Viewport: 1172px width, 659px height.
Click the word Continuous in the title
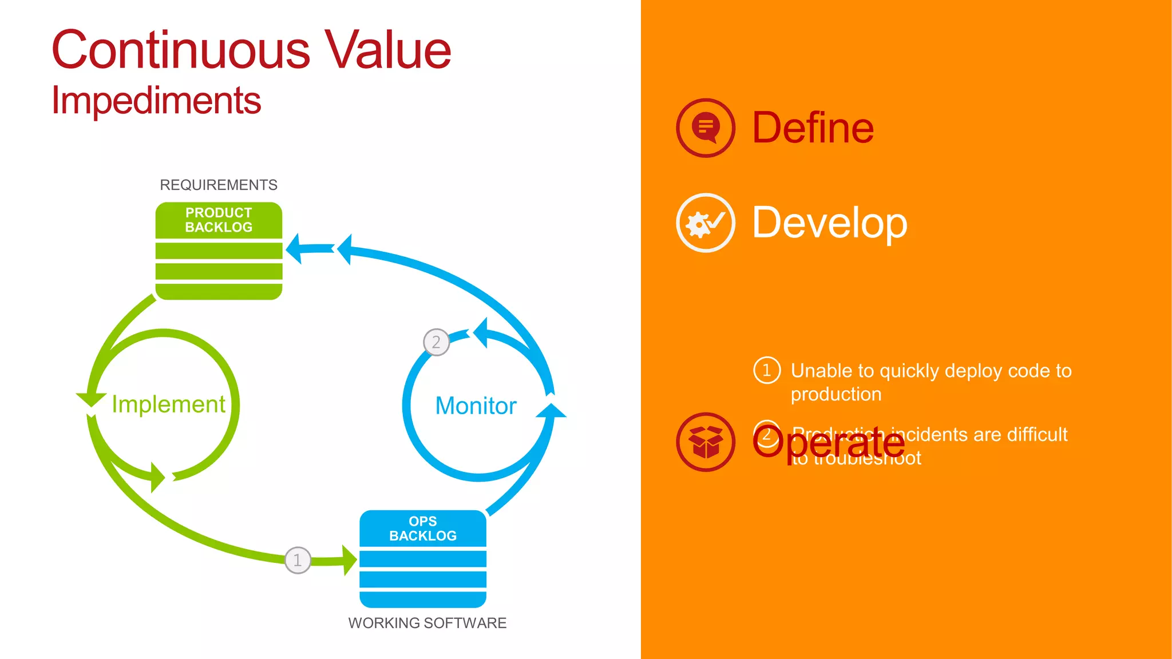(x=181, y=50)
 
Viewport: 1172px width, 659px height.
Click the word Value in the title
(x=388, y=50)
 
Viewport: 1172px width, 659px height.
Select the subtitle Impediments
(x=156, y=101)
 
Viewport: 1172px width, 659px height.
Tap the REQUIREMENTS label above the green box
(x=218, y=185)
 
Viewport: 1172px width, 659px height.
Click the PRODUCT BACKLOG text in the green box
(x=219, y=220)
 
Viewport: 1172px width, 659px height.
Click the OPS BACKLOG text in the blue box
(x=423, y=529)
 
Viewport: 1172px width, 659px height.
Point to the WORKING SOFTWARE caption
(x=427, y=623)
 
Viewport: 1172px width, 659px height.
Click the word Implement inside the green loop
(x=168, y=404)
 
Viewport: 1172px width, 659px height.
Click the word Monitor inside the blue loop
(x=476, y=406)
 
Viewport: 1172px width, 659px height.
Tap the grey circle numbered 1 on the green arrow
(x=298, y=560)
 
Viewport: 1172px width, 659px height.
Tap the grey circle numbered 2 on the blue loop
(x=436, y=342)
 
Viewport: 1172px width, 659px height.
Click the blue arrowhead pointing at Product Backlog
(x=295, y=249)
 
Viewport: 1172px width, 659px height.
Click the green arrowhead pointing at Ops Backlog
(x=349, y=560)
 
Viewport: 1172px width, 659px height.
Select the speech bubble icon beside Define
(x=705, y=128)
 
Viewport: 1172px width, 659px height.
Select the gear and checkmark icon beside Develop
(x=705, y=223)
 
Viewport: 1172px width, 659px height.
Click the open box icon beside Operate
(x=705, y=442)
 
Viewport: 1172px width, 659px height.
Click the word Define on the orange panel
(x=813, y=128)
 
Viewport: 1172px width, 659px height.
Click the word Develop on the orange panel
(x=829, y=223)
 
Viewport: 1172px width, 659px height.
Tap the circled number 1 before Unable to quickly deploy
(x=767, y=370)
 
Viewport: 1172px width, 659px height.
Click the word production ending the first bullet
(x=836, y=394)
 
